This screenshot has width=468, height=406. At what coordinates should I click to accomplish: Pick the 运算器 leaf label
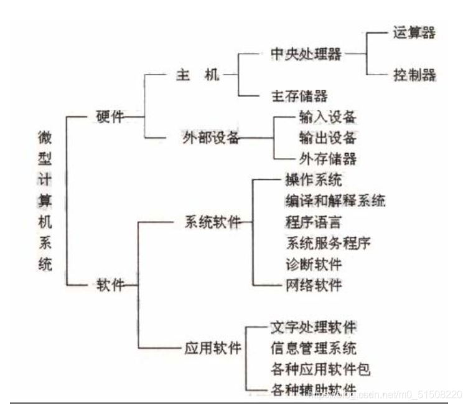point(414,33)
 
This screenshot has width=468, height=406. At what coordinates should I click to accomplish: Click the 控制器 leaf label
point(414,75)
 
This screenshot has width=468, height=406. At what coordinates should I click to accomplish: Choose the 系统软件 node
point(212,222)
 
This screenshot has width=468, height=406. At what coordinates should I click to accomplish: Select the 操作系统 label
point(313,181)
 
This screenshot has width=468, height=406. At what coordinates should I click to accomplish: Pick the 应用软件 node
point(212,347)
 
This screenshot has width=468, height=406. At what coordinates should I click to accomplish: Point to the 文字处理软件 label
point(313,326)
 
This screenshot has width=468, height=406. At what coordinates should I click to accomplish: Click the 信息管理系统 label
point(313,347)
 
